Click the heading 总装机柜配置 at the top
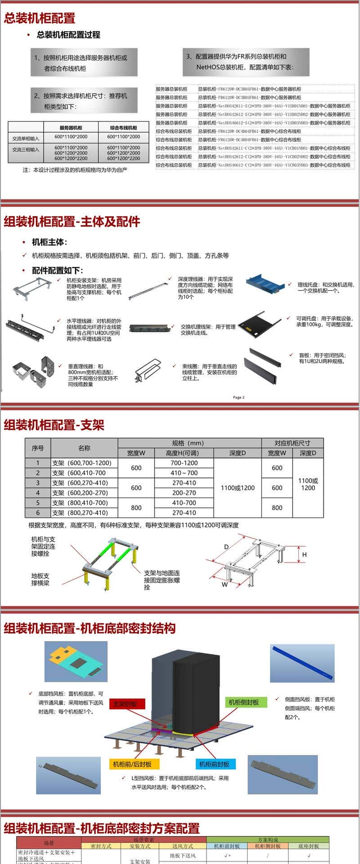pyautogui.click(x=40, y=18)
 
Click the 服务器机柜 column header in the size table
pyautogui.click(x=71, y=127)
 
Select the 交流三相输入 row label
pyautogui.click(x=26, y=150)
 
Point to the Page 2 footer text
pyautogui.click(x=238, y=397)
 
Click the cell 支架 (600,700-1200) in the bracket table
pyautogui.click(x=82, y=463)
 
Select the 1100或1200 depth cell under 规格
pyautogui.click(x=238, y=488)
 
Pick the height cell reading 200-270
pyautogui.click(x=184, y=493)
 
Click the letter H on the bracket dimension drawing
pyautogui.click(x=304, y=555)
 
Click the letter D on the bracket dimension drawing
pyautogui.click(x=226, y=547)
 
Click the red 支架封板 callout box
pyautogui.click(x=125, y=704)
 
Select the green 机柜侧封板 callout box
pyautogui.click(x=243, y=702)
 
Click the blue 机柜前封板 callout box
pyautogui.click(x=214, y=764)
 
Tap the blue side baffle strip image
pyautogui.click(x=303, y=662)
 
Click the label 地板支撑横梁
pyautogui.click(x=40, y=579)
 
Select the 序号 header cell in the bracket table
pyautogui.click(x=38, y=448)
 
